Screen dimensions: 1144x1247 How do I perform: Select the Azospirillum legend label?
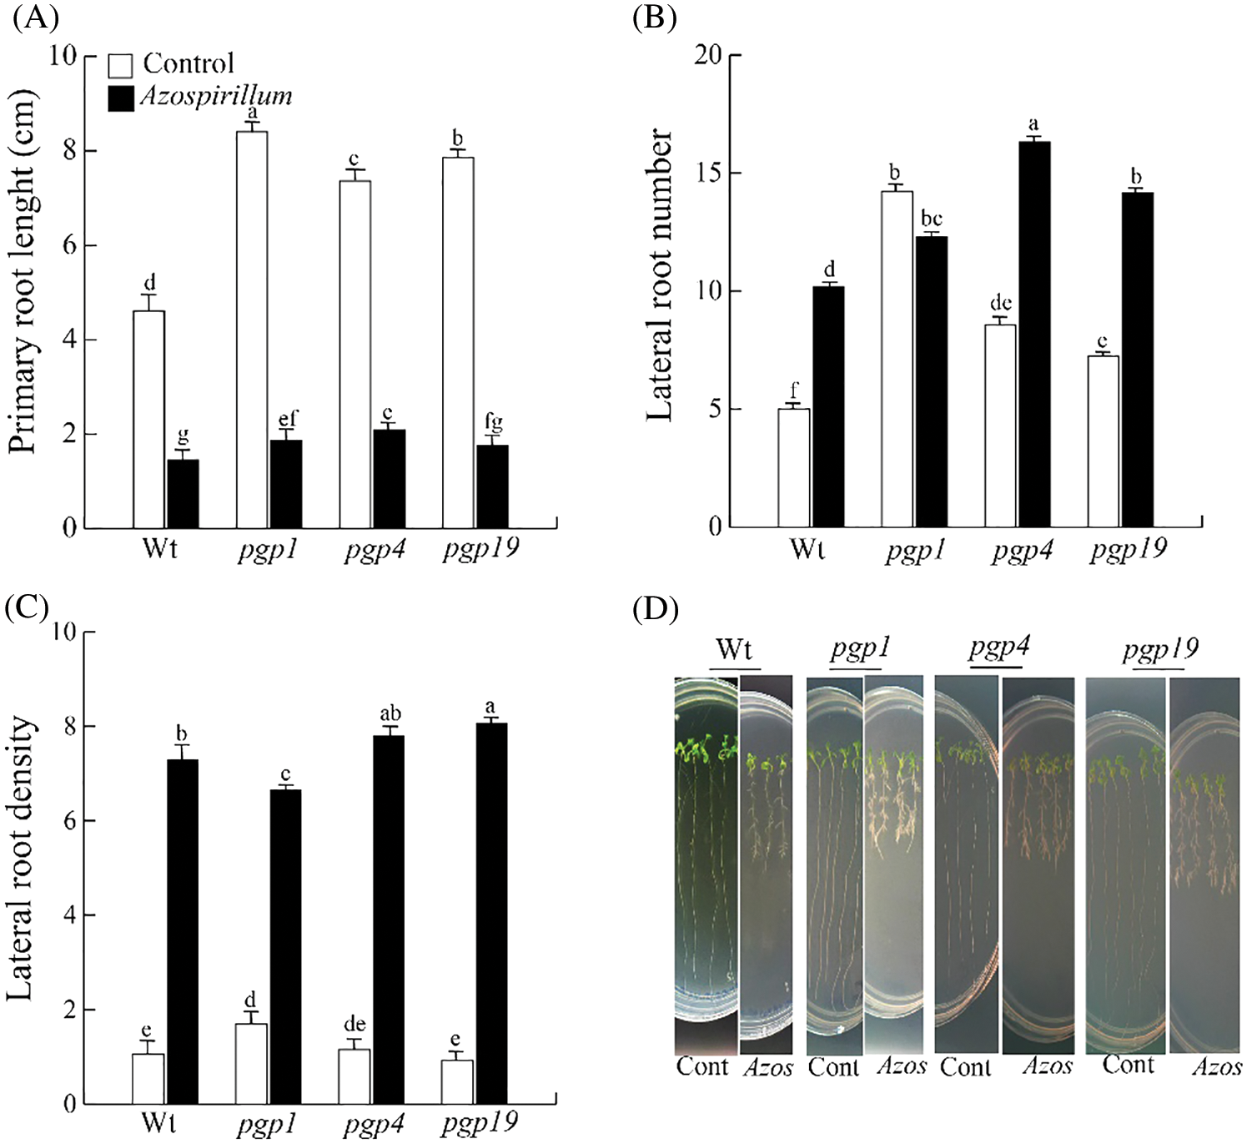216,96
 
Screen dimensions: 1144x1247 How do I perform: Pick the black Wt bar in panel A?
183,494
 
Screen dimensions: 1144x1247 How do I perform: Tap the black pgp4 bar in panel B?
1034,334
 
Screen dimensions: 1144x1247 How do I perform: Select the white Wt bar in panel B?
793,467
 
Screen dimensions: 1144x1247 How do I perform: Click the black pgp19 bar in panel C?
490,913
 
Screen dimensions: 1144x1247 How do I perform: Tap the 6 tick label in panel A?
68,245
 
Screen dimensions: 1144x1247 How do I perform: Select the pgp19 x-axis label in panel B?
1128,550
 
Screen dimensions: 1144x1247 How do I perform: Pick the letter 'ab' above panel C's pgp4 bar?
390,713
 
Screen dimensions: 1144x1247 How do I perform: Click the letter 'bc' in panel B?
931,219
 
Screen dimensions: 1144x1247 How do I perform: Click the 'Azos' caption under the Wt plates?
767,1067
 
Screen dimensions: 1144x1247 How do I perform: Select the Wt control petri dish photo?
706,864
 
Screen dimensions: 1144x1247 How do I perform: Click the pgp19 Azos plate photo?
1205,864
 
